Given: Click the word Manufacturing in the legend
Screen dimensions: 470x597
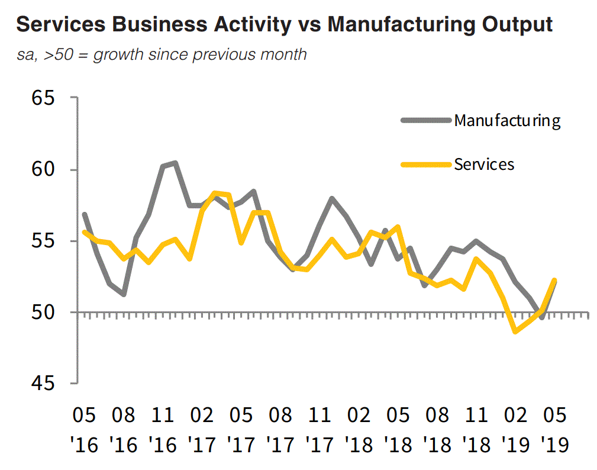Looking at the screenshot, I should pos(507,121).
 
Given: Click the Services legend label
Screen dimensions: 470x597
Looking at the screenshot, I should pos(484,164).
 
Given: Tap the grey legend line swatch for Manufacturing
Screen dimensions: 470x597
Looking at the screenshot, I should pos(426,121).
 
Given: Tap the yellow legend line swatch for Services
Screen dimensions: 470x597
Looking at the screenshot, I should pos(426,164).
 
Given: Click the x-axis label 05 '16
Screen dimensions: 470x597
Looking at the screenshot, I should pos(85,429).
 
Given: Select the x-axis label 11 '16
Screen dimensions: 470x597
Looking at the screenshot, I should pos(163,429).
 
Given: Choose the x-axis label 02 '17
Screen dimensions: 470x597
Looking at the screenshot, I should pos(202,429).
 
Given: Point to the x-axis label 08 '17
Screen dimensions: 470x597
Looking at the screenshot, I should pos(280,429).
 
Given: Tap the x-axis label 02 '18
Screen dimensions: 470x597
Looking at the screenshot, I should pos(359,429).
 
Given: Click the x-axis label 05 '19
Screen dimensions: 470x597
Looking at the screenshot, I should pos(554,429).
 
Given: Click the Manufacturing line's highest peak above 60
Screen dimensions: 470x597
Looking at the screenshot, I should pos(175,163).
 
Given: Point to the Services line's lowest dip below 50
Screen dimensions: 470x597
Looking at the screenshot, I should pos(516,331).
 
